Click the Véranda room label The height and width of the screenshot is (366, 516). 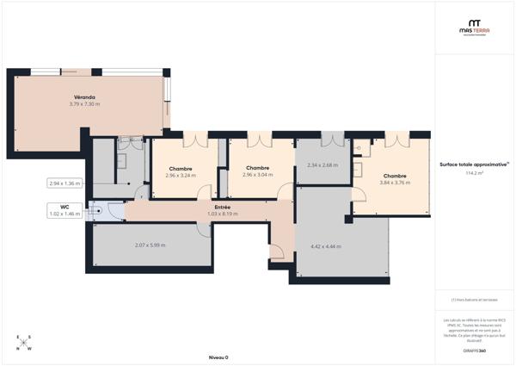(84, 97)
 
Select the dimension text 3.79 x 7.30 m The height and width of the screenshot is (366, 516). (84, 104)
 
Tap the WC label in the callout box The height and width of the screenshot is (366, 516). (64, 207)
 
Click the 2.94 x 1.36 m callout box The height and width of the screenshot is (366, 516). (64, 183)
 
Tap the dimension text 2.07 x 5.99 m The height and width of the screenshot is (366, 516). (150, 245)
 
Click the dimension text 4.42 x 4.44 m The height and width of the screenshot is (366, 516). (325, 246)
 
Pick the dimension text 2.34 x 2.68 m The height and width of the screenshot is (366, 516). (322, 164)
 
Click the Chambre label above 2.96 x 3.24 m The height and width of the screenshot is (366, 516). (181, 169)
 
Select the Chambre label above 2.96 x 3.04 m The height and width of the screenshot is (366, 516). (258, 168)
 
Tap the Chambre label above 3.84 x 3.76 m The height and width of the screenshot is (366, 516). (395, 176)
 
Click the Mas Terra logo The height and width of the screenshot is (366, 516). (474, 28)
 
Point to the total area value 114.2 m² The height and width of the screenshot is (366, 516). (474, 173)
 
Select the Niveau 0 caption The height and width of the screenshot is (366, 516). (218, 356)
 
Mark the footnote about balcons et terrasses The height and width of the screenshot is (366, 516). (474, 300)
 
